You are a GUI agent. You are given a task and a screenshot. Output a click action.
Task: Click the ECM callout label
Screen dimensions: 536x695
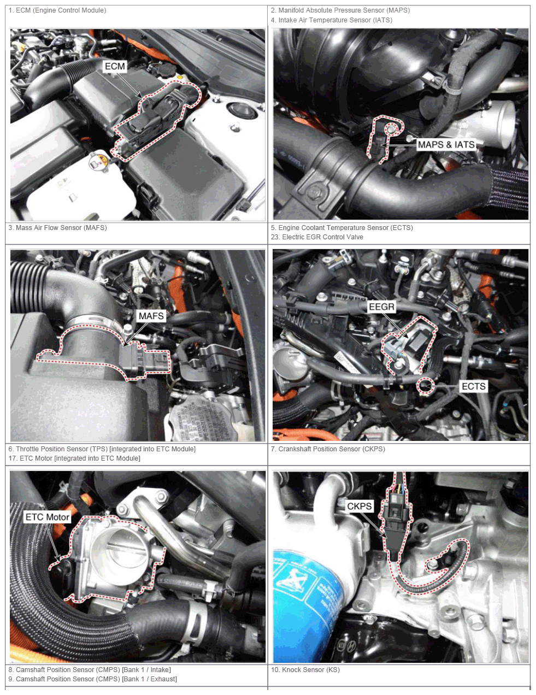[115, 66]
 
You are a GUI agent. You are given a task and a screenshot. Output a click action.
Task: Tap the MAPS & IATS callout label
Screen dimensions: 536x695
[446, 145]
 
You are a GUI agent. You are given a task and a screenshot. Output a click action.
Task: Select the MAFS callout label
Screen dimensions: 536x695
[151, 316]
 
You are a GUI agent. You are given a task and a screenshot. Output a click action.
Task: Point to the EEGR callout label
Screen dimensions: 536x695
[381, 307]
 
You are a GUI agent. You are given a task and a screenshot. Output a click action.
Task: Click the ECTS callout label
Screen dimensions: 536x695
[474, 386]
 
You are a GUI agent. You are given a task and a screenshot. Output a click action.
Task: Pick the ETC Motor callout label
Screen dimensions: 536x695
[48, 517]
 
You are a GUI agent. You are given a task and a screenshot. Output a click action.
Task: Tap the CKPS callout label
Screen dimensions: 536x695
[360, 506]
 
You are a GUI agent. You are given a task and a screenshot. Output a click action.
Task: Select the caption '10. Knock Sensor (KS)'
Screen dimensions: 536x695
[305, 670]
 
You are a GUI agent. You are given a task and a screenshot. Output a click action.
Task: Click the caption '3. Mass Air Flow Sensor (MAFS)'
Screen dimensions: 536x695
[57, 228]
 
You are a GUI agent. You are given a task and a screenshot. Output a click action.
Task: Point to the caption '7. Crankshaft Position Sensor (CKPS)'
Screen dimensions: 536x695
[328, 449]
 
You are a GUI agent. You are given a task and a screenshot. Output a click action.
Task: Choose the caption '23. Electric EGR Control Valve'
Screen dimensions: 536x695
[317, 237]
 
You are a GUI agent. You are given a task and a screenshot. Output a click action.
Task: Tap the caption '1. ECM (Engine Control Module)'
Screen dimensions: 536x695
[57, 10]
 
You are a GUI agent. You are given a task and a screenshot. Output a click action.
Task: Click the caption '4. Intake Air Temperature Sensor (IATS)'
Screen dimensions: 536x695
[331, 20]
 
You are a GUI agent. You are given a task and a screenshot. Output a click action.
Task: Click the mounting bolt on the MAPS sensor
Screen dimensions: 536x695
[391, 129]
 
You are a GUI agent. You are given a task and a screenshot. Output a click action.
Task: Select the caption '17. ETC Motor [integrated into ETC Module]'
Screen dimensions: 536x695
[74, 458]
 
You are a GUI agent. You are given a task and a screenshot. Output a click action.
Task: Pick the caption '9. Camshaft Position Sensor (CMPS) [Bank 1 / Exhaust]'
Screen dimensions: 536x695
[92, 679]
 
